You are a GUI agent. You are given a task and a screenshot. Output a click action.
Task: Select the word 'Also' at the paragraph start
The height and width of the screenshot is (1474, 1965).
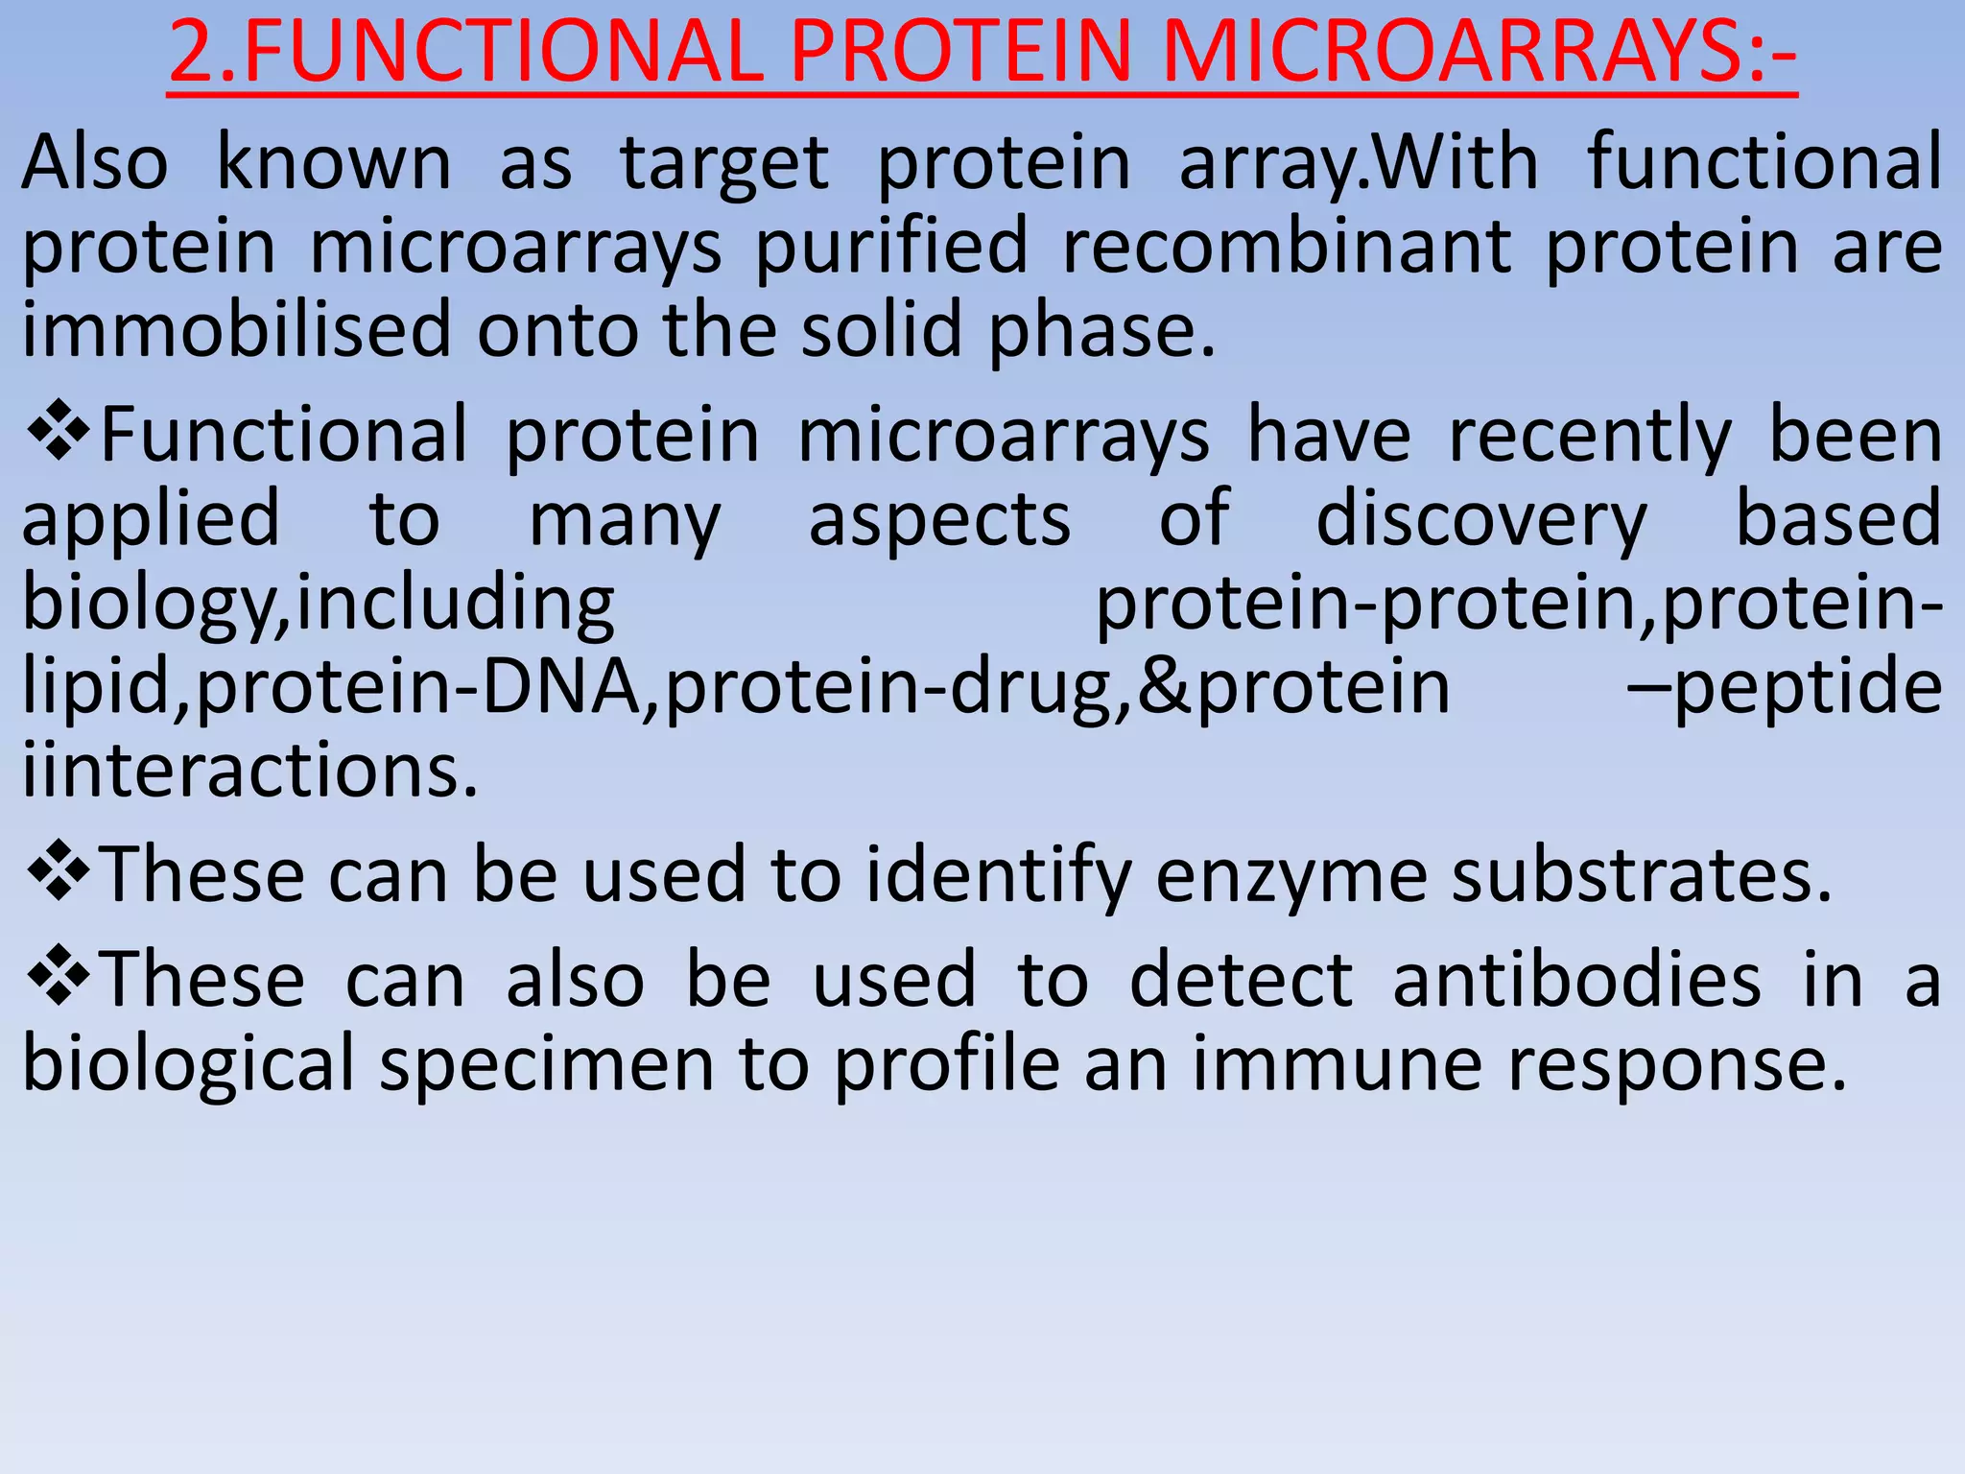coord(95,163)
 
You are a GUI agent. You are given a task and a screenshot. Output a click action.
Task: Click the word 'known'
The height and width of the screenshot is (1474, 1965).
coord(333,163)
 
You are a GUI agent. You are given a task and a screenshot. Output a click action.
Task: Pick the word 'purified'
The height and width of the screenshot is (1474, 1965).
coord(891,248)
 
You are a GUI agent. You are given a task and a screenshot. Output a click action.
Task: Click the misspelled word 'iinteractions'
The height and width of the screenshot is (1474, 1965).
coord(249,771)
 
